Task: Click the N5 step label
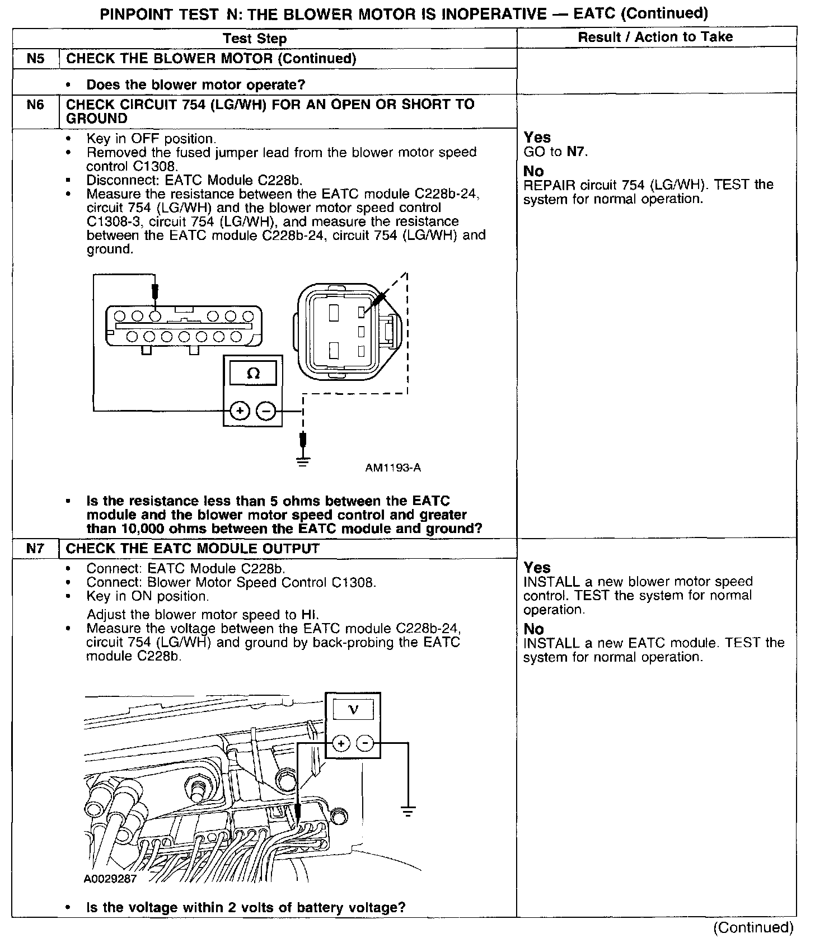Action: pos(35,58)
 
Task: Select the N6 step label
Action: pos(35,105)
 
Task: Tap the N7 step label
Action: pos(35,548)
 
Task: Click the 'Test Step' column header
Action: pos(255,38)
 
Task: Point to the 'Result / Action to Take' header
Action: pos(655,37)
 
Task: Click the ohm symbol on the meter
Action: pos(253,374)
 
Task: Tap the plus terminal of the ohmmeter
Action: pos(240,411)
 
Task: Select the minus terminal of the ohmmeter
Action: pos(265,411)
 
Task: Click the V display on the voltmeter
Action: pos(353,710)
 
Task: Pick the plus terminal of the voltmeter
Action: pos(341,743)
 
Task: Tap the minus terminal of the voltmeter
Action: pos(365,743)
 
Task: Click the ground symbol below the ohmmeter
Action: pos(303,462)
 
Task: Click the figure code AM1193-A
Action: pos(393,468)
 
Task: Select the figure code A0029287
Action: pos(110,879)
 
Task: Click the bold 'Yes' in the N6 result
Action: pos(537,137)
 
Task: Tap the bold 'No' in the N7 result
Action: pos(533,629)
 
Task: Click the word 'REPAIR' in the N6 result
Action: pos(546,185)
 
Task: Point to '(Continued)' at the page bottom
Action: pos(753,927)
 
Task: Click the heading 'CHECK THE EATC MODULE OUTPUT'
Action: pos(193,548)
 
